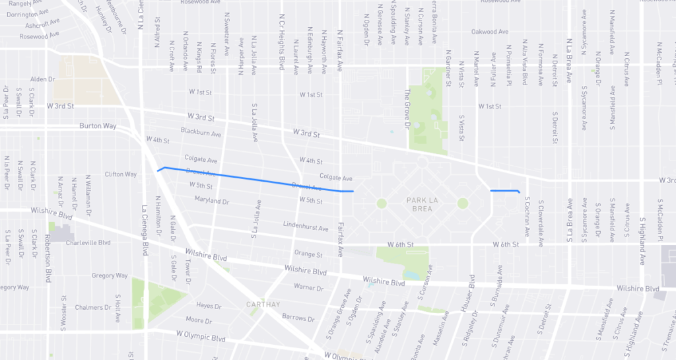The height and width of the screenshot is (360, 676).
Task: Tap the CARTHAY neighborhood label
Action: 263,305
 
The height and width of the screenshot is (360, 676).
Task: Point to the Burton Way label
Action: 98,126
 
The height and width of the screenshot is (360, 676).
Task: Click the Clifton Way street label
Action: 120,174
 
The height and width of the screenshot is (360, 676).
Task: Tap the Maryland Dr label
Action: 211,201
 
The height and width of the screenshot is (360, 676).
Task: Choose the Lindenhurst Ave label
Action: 305,228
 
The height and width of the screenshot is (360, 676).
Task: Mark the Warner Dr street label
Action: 308,287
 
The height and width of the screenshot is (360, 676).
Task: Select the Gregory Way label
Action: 109,275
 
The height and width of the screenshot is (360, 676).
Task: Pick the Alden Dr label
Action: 43,79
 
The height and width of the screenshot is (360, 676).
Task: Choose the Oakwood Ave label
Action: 490,32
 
